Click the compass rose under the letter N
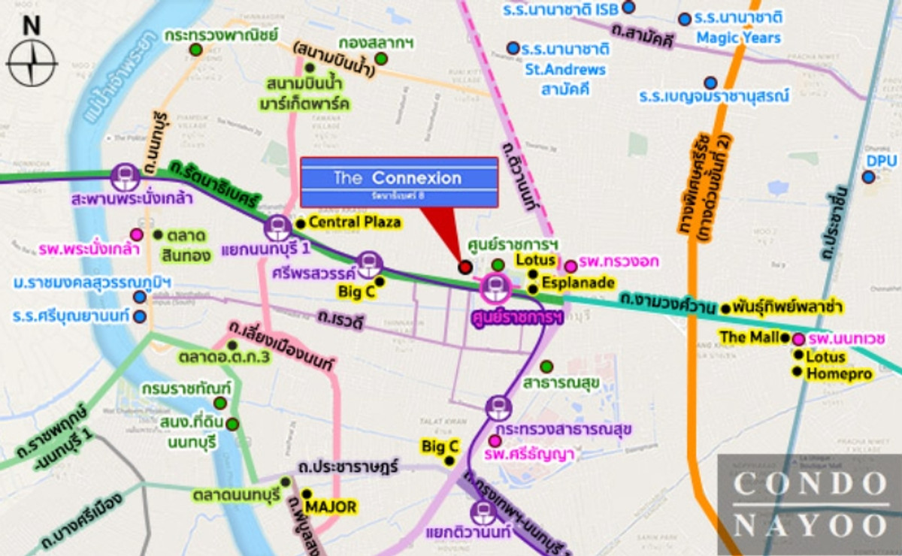(32, 63)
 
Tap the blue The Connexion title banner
(398, 181)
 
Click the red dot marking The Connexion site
(465, 267)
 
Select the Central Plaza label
(354, 222)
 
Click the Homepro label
(839, 373)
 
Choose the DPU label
(882, 161)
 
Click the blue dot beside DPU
(869, 177)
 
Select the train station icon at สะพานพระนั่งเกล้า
(123, 177)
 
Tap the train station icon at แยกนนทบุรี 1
(277, 226)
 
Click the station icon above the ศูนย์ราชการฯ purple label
(496, 286)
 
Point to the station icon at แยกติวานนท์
(483, 512)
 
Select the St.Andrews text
(568, 70)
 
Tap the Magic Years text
(738, 37)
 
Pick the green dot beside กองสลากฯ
(381, 59)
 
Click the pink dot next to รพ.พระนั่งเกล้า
(137, 234)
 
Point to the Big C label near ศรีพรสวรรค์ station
(356, 292)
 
